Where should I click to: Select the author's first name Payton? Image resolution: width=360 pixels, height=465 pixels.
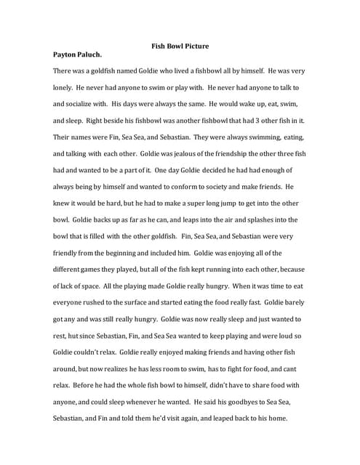(68, 54)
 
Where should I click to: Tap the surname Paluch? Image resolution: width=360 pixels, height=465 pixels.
(99, 54)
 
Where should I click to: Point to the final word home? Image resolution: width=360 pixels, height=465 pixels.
(276, 418)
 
